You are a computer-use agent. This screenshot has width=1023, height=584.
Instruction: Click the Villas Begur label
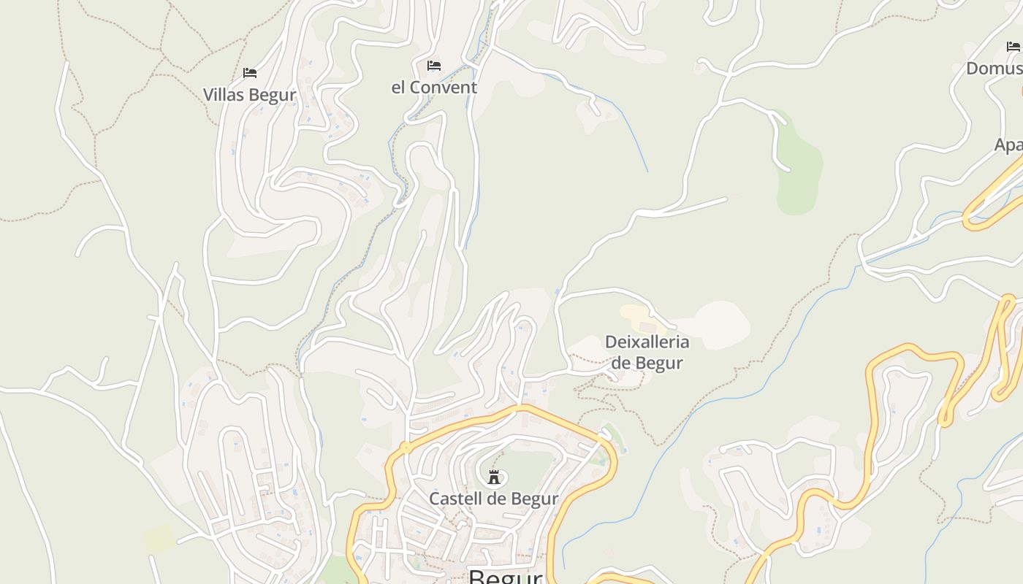pos(249,95)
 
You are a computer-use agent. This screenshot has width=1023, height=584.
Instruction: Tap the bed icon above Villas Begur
pos(250,73)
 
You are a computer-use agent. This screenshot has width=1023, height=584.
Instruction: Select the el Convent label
pos(434,88)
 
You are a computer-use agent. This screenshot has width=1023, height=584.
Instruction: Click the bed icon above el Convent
pos(434,66)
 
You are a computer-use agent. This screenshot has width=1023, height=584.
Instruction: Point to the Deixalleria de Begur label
pos(647,352)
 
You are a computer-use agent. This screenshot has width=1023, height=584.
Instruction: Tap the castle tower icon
pos(494,477)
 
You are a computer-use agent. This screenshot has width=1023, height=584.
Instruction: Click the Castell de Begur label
pos(493,499)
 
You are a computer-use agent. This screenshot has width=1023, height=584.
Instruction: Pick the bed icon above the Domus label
pos(1013,47)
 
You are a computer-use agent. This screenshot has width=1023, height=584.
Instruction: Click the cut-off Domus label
pos(995,69)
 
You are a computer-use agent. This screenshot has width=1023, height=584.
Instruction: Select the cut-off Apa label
pos(1008,145)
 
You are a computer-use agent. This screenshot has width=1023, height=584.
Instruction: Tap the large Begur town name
pos(505,577)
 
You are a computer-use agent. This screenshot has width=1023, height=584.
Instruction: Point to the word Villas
pos(224,95)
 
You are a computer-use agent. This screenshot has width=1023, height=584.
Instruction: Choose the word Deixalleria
pos(647,342)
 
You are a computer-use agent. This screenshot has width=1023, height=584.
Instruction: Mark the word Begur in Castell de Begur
pos(535,499)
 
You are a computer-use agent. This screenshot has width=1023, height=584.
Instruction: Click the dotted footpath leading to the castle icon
pos(499,460)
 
